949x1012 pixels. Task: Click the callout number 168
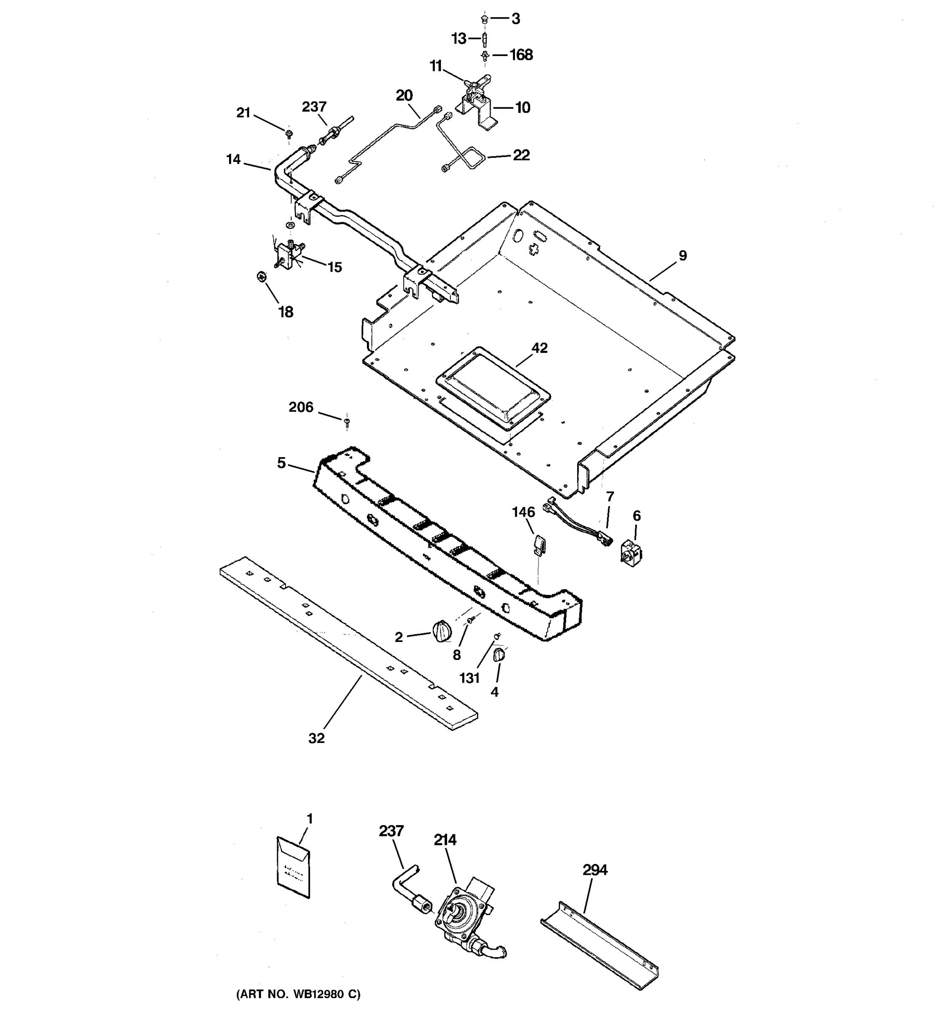[521, 55]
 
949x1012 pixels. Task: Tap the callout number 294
[595, 870]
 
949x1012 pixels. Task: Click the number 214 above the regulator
[445, 840]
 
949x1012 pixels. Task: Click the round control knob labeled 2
[442, 632]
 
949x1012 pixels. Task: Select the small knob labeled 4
[499, 655]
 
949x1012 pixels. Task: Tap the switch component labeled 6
[629, 552]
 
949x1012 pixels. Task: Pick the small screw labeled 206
[347, 421]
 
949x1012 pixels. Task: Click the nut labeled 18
[261, 277]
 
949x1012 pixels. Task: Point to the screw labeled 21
[288, 133]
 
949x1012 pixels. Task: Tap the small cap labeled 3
[484, 19]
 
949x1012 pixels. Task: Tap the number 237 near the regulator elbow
[391, 831]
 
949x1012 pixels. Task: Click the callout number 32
[316, 738]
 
